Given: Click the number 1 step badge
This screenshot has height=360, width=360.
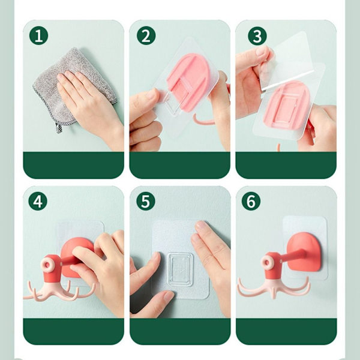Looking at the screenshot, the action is point(38,35).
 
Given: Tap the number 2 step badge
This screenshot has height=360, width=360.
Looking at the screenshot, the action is point(146,35).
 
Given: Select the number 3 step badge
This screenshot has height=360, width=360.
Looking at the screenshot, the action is point(257,35).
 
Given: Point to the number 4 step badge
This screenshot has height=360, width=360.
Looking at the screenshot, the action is point(38,202).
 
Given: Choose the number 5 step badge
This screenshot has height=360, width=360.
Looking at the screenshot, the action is point(146,201).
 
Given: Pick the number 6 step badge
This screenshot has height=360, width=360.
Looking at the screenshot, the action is point(251,201).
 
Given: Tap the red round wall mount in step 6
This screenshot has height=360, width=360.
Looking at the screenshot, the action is point(304,251).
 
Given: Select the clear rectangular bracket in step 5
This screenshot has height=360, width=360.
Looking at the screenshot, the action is point(180,269).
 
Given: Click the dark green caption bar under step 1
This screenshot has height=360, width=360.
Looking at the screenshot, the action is point(73,165).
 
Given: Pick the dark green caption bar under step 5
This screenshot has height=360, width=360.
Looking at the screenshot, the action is point(180,331).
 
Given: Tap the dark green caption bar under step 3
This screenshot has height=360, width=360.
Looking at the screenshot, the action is point(286,165).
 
